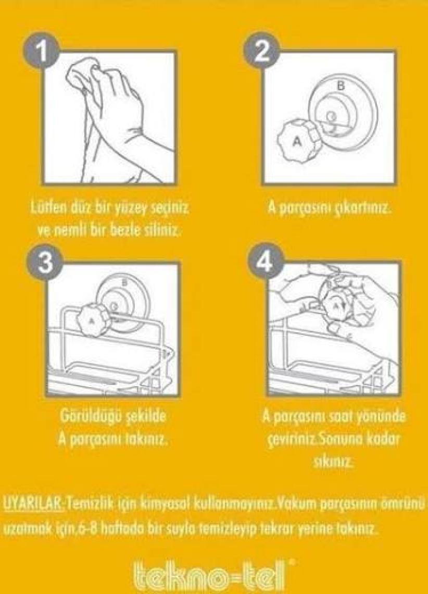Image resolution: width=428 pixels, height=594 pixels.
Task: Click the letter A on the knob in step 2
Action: tap(297, 141)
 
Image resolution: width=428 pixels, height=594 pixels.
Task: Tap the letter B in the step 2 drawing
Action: tap(341, 86)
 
